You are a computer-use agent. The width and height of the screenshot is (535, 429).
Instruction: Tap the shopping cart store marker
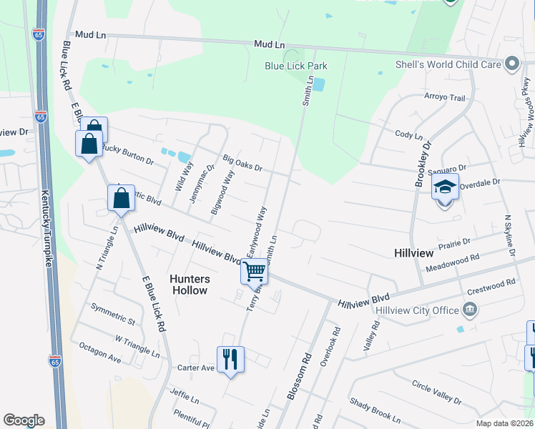254,272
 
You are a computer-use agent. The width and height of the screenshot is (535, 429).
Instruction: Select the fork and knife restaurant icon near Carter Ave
230,358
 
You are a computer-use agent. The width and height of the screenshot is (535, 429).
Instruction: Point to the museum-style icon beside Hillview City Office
469,310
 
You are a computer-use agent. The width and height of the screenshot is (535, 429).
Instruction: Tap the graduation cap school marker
444,188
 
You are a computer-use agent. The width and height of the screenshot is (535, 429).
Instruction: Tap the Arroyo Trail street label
445,98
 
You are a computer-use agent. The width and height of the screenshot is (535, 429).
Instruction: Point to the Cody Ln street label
405,134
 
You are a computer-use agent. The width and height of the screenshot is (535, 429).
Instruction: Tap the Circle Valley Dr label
437,391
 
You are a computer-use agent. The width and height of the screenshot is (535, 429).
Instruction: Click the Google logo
24,420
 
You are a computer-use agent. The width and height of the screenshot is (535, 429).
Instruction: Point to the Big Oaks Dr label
242,162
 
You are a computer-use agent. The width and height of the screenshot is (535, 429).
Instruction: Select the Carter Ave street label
196,368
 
